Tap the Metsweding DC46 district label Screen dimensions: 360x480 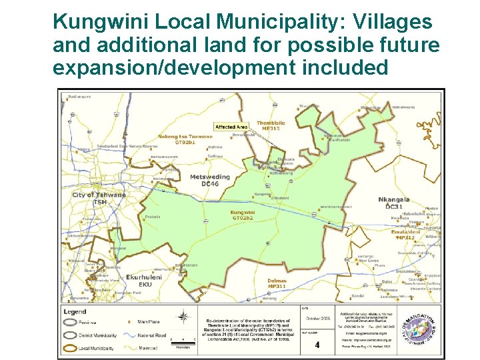[209, 180]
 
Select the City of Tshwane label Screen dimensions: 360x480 [99, 198]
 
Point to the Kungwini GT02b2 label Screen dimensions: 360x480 [242, 215]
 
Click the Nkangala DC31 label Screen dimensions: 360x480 [394, 203]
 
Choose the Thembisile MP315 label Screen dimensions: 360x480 [271, 126]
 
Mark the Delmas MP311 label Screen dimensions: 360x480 [277, 284]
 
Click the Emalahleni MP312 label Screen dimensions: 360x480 [406, 235]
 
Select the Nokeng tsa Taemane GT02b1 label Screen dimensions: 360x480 [185, 140]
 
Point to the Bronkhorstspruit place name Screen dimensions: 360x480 [336, 207]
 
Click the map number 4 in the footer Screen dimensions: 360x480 [317, 345]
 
